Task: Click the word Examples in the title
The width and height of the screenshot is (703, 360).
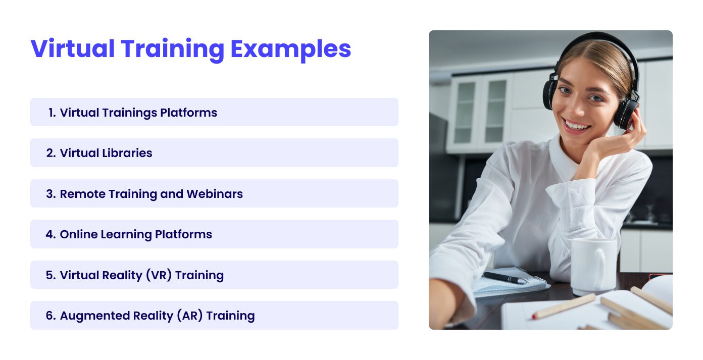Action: tap(290, 49)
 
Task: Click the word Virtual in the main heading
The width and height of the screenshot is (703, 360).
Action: tap(73, 49)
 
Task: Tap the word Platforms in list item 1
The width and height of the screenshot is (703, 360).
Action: tap(188, 113)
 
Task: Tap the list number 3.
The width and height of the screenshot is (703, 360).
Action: tap(50, 194)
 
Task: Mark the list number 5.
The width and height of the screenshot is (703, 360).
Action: tap(50, 275)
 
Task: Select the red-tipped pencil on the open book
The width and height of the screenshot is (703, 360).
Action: tap(563, 306)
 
